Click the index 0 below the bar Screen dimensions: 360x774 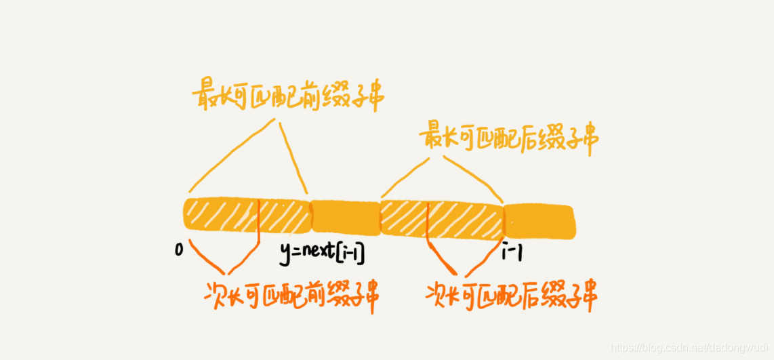pyautogui.click(x=179, y=250)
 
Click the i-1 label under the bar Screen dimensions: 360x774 pyautogui.click(x=513, y=252)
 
